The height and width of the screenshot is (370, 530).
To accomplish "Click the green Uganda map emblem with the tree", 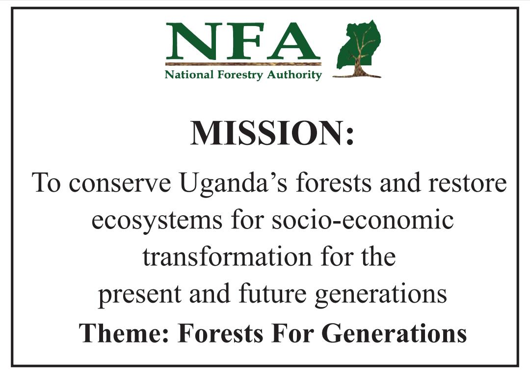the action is click(358, 49).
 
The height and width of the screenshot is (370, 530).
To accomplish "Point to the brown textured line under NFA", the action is click(243, 64).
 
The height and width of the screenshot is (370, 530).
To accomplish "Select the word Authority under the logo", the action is click(294, 75).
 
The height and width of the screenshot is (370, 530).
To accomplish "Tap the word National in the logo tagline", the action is click(189, 75).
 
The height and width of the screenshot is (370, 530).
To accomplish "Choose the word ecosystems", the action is click(157, 222).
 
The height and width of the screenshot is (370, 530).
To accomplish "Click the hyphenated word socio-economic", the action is click(363, 220).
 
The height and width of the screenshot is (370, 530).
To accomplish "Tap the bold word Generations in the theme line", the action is click(394, 333).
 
